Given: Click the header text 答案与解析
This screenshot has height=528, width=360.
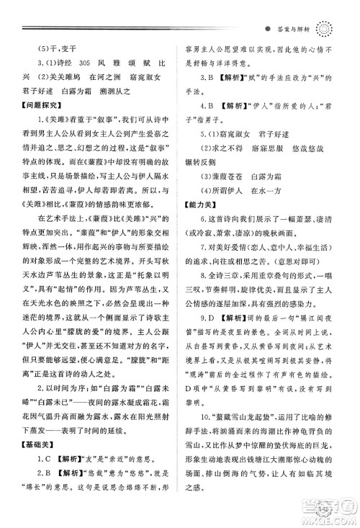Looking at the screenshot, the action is (x=296, y=31).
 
